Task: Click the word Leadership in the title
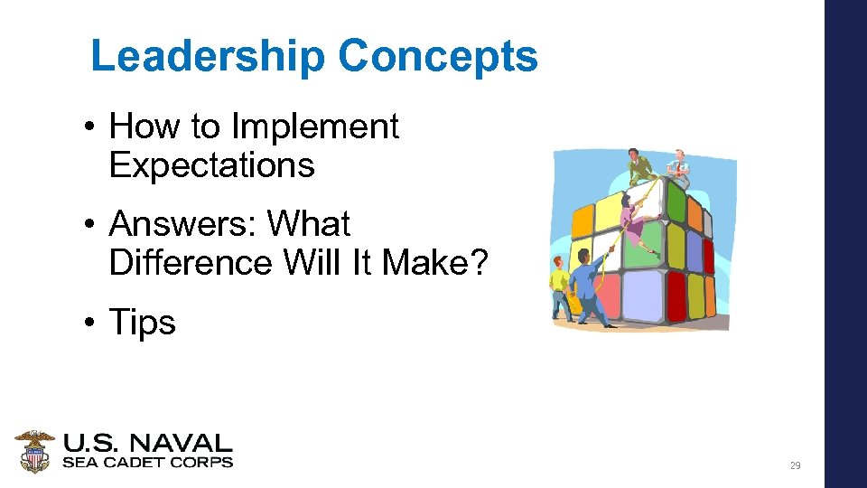click(x=209, y=56)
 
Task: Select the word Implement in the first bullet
click(x=315, y=127)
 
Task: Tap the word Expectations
click(x=211, y=165)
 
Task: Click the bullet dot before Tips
click(x=93, y=322)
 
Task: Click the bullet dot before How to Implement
click(x=93, y=127)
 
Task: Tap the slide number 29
click(x=795, y=465)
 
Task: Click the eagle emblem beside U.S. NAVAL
click(x=34, y=451)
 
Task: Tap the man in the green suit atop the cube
click(x=639, y=166)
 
